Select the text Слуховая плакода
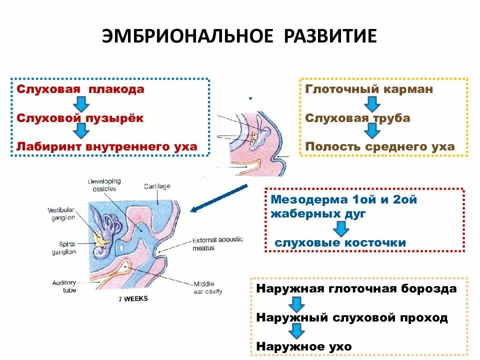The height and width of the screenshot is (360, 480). coord(80,89)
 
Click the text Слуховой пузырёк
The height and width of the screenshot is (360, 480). coord(80,118)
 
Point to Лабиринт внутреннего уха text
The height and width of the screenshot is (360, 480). coord(107,146)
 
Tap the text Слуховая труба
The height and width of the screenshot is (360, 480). coord(357,118)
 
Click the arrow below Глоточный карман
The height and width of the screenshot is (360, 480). coord(370,104)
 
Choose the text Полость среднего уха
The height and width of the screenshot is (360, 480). coord(380,146)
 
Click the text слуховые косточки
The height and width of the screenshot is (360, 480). coord(340,242)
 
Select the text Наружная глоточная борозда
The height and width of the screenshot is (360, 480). coord(356,289)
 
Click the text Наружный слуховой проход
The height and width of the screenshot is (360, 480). coord(351,317)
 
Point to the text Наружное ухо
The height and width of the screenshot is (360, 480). coord(304,346)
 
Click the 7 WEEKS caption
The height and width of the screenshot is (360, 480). coord(133,299)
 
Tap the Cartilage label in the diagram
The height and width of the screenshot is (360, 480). coord(157,186)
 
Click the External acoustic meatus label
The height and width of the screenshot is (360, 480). coord(217,243)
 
